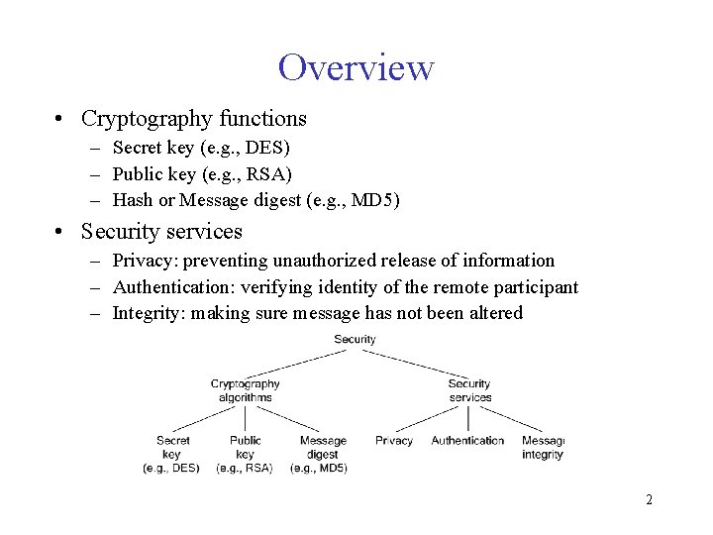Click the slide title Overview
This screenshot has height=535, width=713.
356,67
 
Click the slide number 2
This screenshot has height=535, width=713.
649,499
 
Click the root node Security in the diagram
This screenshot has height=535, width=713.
355,340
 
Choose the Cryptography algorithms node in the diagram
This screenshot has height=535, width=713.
246,390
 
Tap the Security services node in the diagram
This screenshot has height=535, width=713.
469,390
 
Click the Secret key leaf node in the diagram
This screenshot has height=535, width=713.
173,454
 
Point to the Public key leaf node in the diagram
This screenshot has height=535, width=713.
246,454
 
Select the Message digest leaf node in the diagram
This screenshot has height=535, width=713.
322,454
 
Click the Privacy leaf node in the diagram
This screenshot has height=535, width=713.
394,441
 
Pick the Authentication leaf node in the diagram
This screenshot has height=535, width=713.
467,441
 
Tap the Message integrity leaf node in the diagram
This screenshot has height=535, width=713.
543,448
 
